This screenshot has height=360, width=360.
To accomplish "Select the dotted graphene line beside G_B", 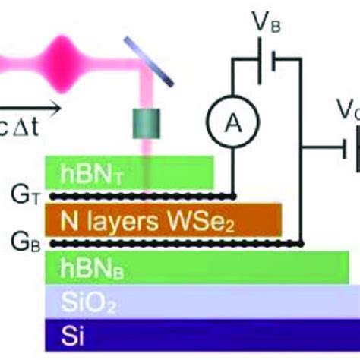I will [x=175, y=243].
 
